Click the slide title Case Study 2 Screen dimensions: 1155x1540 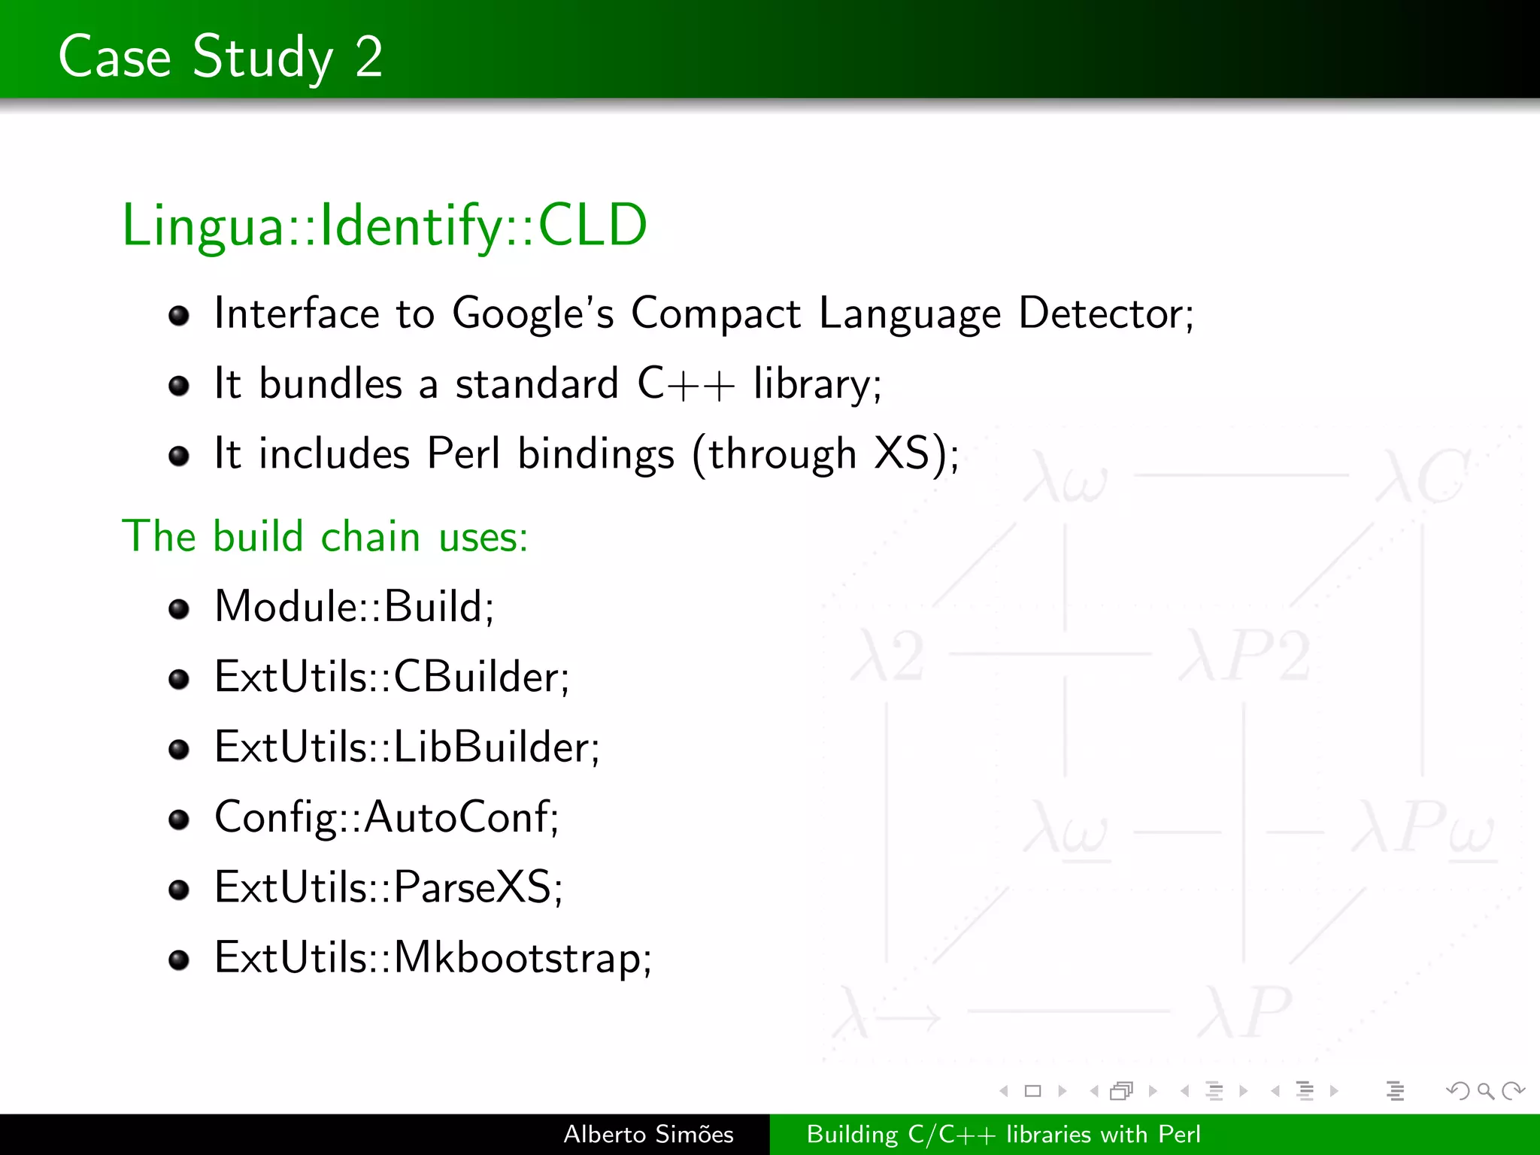220,56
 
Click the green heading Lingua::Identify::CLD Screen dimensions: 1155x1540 384,225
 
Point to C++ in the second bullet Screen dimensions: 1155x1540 685,384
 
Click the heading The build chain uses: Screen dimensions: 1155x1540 325,536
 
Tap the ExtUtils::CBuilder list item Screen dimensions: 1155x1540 392,677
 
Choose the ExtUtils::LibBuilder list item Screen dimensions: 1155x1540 407,747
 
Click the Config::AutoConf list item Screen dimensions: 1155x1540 387,817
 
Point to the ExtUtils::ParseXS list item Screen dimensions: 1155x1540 388,887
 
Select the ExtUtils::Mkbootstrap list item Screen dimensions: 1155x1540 432,957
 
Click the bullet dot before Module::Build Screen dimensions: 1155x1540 179,608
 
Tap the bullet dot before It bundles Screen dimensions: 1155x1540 179,387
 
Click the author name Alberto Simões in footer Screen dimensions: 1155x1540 648,1134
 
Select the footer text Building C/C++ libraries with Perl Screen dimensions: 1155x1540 1003,1134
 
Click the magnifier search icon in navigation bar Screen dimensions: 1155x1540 1484,1090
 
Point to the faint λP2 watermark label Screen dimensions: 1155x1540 1245,656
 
